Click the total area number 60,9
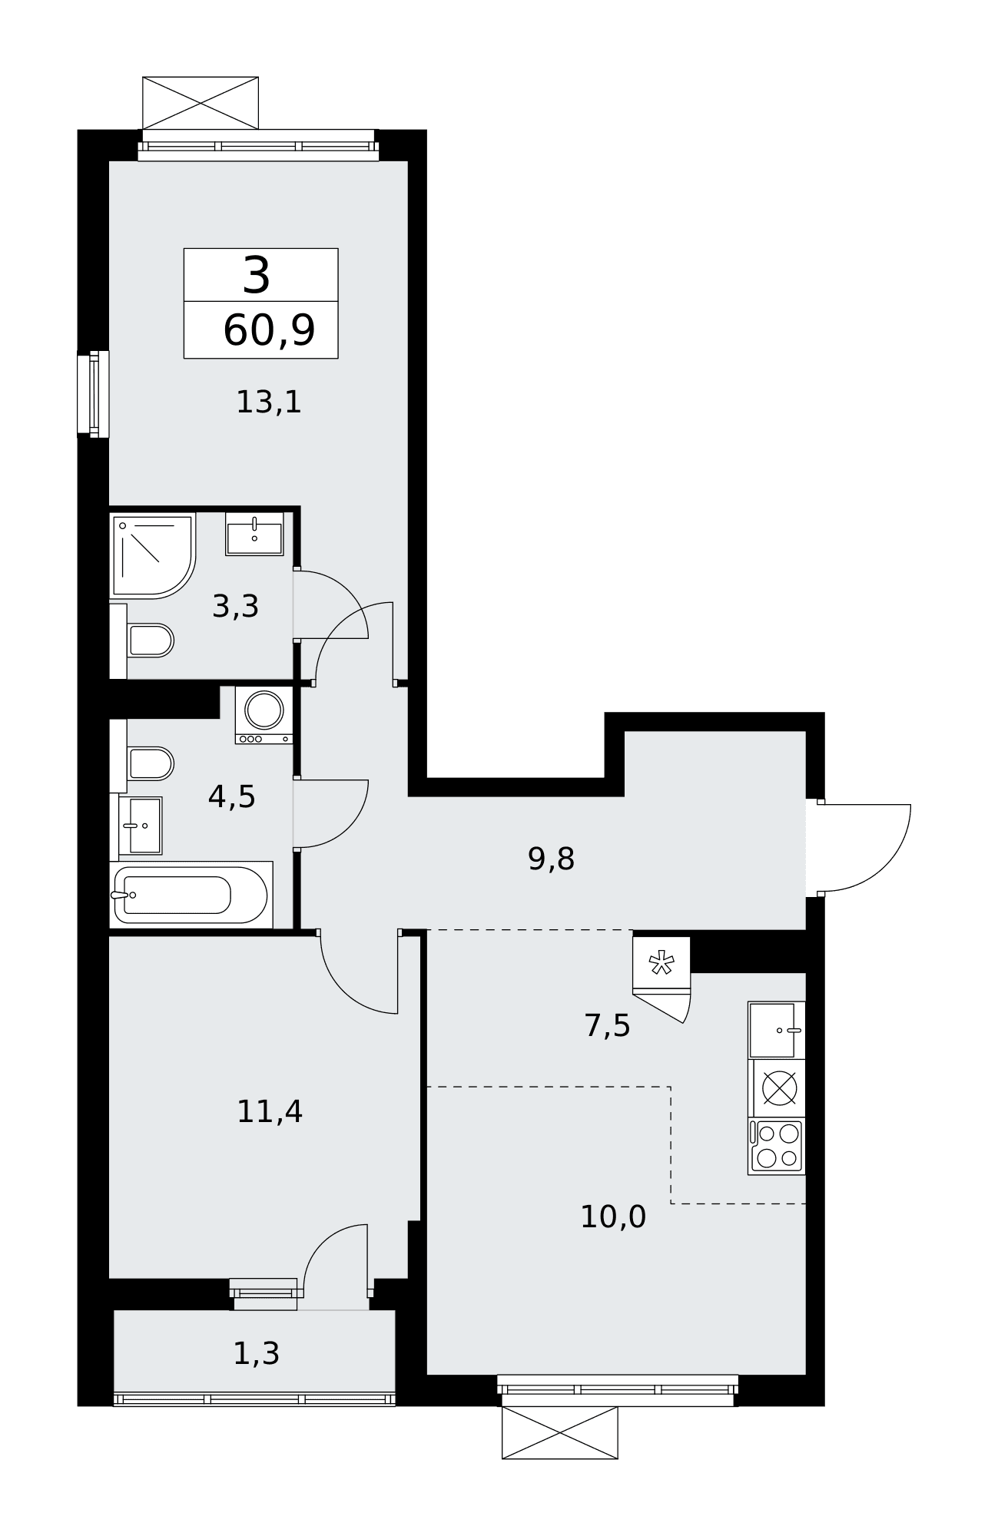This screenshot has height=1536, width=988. [x=269, y=331]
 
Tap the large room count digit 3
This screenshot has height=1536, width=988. [x=256, y=276]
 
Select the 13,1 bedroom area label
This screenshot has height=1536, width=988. [x=269, y=402]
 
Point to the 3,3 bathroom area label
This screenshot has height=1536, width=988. [x=235, y=607]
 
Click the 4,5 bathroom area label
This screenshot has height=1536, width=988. [x=231, y=797]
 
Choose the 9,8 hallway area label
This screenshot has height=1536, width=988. [x=551, y=859]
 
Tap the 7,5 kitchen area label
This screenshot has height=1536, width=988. [x=607, y=1025]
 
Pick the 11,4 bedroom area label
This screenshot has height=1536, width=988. [x=270, y=1111]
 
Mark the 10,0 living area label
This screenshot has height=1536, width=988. [x=613, y=1217]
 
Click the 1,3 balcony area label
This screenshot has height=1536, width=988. [x=256, y=1353]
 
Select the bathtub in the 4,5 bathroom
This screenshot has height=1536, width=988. [x=191, y=895]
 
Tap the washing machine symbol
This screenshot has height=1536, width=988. [x=264, y=715]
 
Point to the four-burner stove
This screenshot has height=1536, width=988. [x=777, y=1146]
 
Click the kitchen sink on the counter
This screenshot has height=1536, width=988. [x=777, y=1030]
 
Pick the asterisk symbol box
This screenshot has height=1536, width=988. [x=661, y=963]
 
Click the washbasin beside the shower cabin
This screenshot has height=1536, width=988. [x=254, y=534]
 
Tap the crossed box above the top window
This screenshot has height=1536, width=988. [x=201, y=103]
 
